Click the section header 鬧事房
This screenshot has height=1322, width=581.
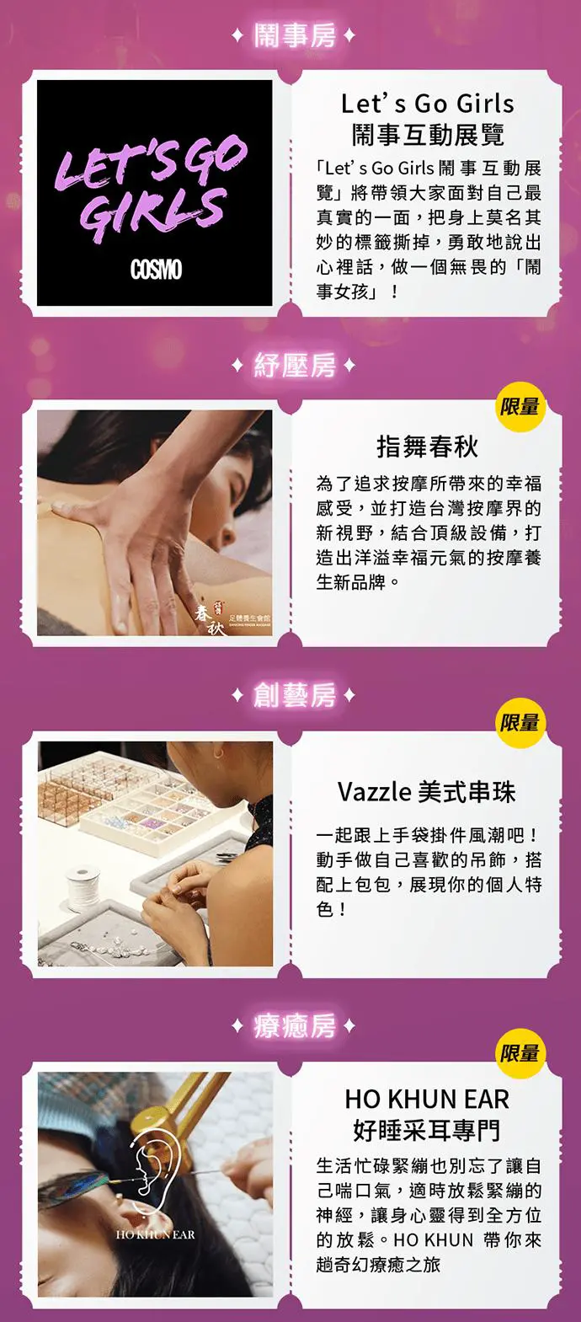[x=294, y=36]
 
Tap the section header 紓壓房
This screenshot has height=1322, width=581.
[x=294, y=366]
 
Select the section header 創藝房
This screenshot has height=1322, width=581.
[x=294, y=695]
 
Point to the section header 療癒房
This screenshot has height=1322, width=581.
[x=294, y=1026]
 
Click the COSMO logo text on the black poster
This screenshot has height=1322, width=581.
[x=156, y=270]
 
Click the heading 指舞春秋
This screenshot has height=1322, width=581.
[x=427, y=447]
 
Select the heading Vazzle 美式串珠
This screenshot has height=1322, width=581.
[x=427, y=792]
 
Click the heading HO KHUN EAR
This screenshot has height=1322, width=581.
[x=427, y=1100]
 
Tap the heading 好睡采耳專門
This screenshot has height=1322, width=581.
[x=427, y=1130]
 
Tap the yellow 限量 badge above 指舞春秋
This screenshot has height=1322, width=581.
[x=519, y=406]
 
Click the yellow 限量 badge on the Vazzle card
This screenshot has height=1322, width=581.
[x=519, y=722]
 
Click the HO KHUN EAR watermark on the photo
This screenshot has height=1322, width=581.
[x=155, y=1234]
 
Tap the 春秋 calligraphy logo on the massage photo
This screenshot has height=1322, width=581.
[x=211, y=618]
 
